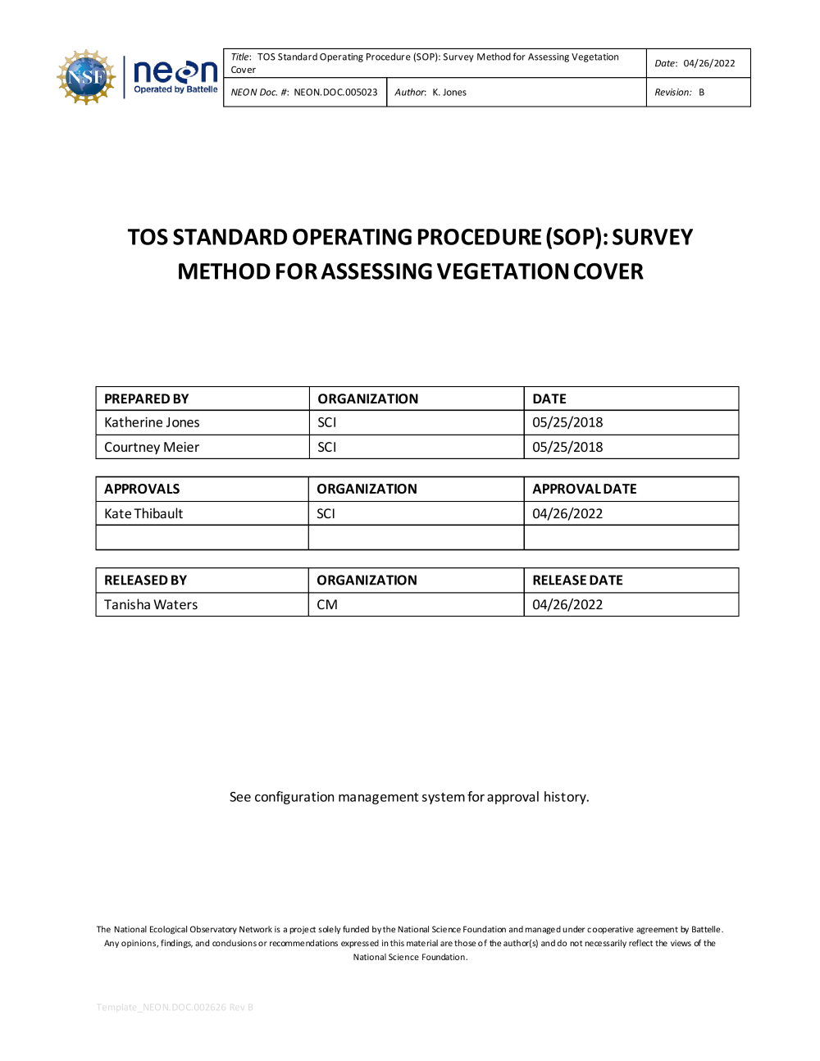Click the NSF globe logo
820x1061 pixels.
click(86, 77)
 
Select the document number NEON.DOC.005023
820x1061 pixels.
click(335, 93)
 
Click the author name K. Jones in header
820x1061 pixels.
click(449, 93)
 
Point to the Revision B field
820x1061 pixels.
click(680, 93)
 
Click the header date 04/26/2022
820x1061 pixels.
click(708, 63)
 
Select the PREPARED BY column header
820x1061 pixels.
click(147, 399)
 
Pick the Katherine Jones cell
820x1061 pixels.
click(152, 423)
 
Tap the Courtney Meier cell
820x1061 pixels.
click(152, 448)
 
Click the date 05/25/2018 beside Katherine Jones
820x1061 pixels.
click(567, 423)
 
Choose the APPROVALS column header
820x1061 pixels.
click(142, 490)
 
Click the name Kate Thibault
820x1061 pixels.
click(143, 514)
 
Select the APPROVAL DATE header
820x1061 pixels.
click(585, 490)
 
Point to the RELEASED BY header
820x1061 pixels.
click(145, 581)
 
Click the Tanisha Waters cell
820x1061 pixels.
click(151, 605)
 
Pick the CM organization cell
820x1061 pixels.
click(327, 605)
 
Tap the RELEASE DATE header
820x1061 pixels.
click(577, 581)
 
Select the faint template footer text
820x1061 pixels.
click(175, 1007)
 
